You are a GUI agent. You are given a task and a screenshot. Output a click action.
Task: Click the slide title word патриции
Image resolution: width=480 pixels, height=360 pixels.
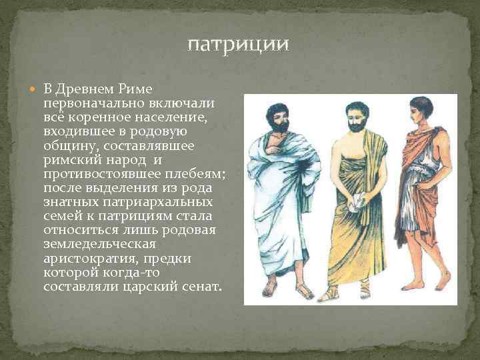(x=238, y=45)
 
